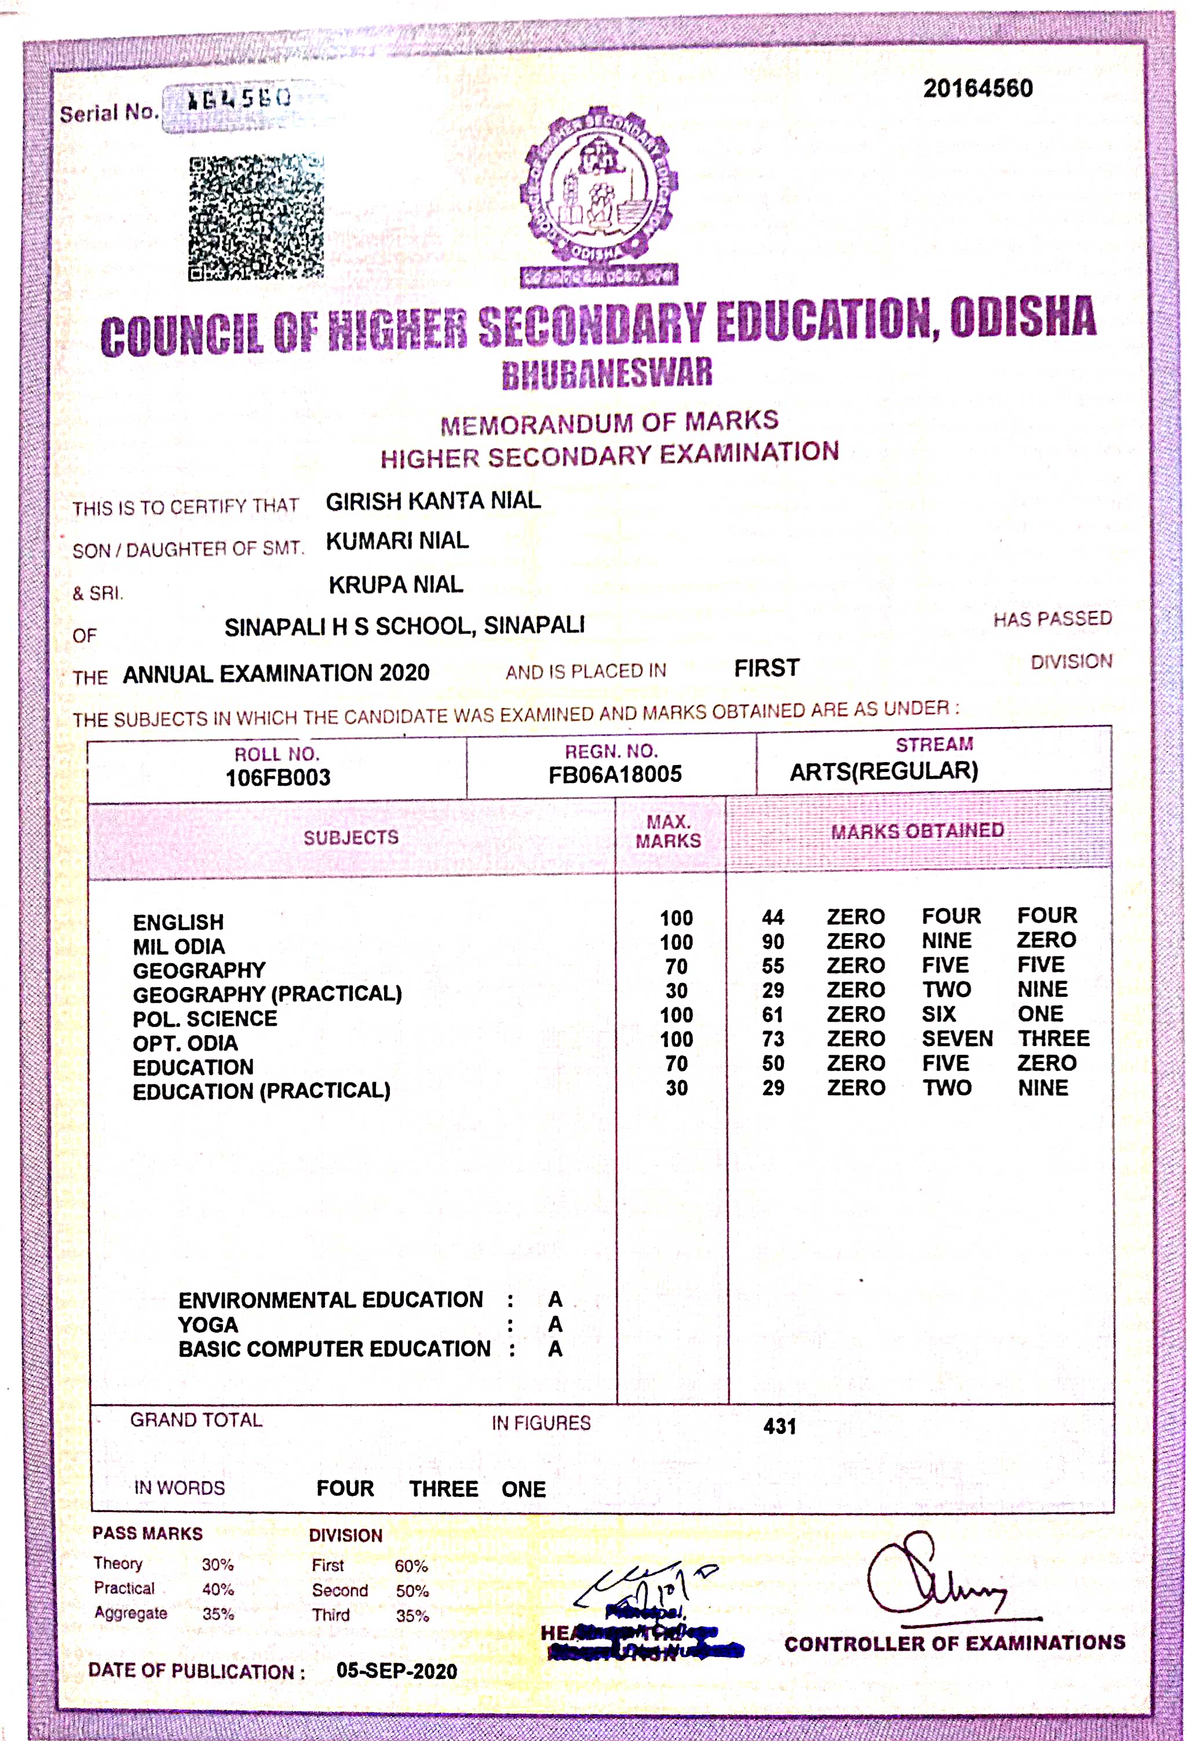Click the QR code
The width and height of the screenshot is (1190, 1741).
pyautogui.click(x=255, y=217)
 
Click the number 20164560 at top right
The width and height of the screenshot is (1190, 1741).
pyautogui.click(x=977, y=89)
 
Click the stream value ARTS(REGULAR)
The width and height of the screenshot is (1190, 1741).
pyautogui.click(x=884, y=771)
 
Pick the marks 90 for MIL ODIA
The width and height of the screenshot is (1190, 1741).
pyautogui.click(x=773, y=942)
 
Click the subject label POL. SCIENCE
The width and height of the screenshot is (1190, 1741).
pyautogui.click(x=205, y=1019)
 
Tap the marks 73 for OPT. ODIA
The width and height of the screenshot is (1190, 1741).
pyautogui.click(x=773, y=1039)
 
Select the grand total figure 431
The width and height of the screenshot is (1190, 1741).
pyautogui.click(x=780, y=1426)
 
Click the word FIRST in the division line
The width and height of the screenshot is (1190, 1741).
pyautogui.click(x=766, y=668)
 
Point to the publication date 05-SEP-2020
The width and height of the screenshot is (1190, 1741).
pyautogui.click(x=396, y=1670)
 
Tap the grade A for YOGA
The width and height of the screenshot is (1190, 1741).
pyautogui.click(x=555, y=1324)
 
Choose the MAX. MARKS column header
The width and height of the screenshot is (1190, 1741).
pyautogui.click(x=668, y=832)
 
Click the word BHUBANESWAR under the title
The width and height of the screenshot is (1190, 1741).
pyautogui.click(x=607, y=373)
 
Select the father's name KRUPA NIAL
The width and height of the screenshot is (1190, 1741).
pyautogui.click(x=396, y=584)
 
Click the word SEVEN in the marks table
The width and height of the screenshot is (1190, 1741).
pyautogui.click(x=957, y=1039)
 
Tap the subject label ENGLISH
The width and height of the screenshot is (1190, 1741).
pyautogui.click(x=178, y=922)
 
